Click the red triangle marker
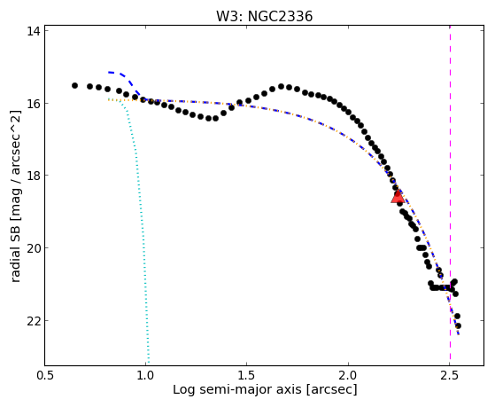tap(398, 197)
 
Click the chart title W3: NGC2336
tap(264, 16)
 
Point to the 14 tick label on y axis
tap(35, 31)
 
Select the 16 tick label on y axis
tap(35, 104)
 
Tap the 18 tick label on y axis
tap(35, 176)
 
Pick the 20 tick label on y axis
tap(35, 247)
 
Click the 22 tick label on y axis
tap(35, 320)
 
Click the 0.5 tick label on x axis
tap(44, 375)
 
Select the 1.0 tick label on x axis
tap(145, 375)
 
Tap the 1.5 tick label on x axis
tap(247, 375)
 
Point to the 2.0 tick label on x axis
tap(348, 375)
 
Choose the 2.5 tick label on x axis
tap(450, 375)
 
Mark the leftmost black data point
tap(74, 86)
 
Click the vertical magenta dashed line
tap(450, 195)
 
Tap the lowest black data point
tap(458, 325)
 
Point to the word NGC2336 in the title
tap(280, 16)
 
